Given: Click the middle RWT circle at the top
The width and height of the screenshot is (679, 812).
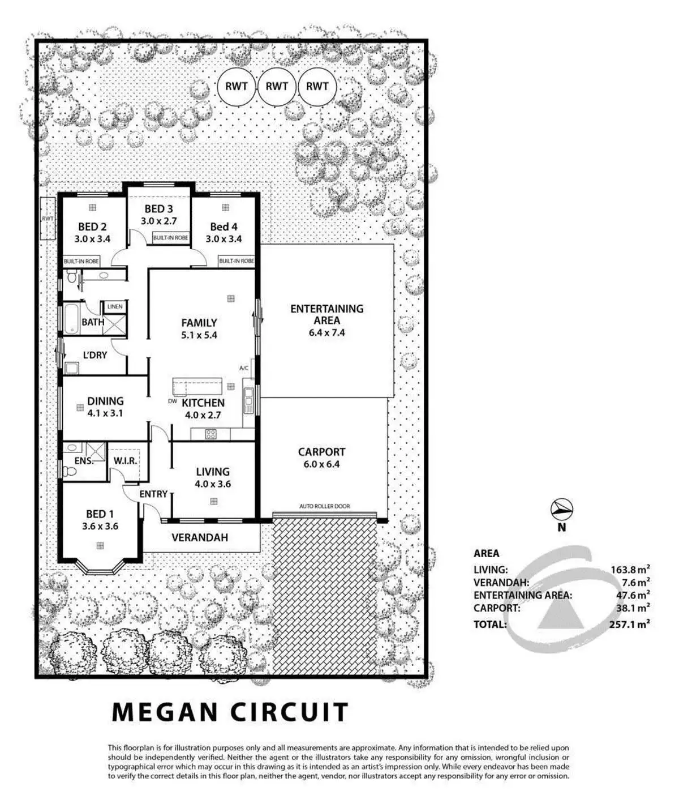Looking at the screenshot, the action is click(x=277, y=87).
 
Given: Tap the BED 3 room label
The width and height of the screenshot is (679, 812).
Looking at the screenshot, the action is click(x=158, y=209).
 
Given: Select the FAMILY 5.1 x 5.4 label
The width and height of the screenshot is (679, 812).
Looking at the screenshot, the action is click(x=199, y=328).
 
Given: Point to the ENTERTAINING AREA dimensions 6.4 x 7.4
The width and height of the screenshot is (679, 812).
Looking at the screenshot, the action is click(x=326, y=333).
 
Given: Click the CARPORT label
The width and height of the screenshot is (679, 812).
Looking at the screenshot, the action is click(x=321, y=452).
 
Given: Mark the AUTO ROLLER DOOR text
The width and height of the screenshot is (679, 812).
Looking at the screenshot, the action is click(x=324, y=506).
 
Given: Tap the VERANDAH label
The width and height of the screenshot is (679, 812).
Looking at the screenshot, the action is click(x=200, y=537).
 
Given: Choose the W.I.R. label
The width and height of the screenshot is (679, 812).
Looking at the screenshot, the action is click(x=125, y=461).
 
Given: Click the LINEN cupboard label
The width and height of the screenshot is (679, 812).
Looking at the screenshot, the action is click(x=114, y=306).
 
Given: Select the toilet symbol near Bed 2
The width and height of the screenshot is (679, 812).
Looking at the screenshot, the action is click(x=71, y=278).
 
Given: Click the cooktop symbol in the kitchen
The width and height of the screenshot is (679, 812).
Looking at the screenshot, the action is click(x=210, y=434).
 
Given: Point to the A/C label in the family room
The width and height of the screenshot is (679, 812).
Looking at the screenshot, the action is click(x=244, y=368).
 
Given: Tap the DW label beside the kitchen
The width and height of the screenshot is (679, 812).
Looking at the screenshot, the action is click(x=173, y=401).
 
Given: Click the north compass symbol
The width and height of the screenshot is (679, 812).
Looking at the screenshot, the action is click(x=561, y=510).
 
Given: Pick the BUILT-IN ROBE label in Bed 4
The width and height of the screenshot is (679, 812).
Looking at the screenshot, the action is click(x=237, y=261).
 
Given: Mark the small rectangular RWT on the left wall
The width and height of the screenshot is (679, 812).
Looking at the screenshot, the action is click(x=48, y=219).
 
